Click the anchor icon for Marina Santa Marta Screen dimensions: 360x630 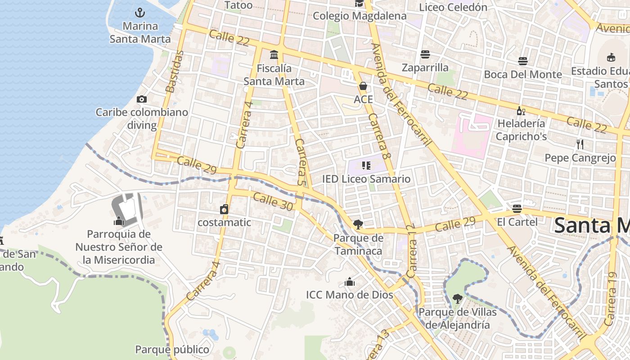pyautogui.click(x=140, y=12)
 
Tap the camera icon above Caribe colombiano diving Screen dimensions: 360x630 pyautogui.click(x=142, y=99)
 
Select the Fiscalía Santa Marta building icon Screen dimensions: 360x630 pyautogui.click(x=274, y=55)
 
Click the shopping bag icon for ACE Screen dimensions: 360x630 pyautogui.click(x=363, y=85)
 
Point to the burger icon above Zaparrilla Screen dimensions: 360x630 pyautogui.click(x=425, y=54)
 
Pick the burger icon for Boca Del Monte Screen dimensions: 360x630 pyautogui.click(x=523, y=61)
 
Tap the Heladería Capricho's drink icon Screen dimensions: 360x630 pyautogui.click(x=521, y=110)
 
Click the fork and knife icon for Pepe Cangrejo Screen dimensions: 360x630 pyautogui.click(x=580, y=144)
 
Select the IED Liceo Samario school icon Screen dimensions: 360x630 pyautogui.click(x=366, y=166)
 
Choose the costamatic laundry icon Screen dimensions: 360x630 pyautogui.click(x=224, y=209)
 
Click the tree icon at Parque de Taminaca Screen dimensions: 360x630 pyautogui.click(x=358, y=224)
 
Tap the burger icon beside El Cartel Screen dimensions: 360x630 pyautogui.click(x=517, y=209)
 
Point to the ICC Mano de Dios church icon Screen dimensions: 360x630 pyautogui.click(x=350, y=282)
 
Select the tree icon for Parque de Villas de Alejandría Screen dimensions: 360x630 pyautogui.click(x=457, y=298)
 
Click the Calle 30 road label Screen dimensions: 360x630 pyautogui.click(x=273, y=201)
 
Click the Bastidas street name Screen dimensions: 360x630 pyautogui.click(x=175, y=72)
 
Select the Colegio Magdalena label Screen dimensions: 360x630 pyautogui.click(x=360, y=16)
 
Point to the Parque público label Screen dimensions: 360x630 pyautogui.click(x=172, y=349)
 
